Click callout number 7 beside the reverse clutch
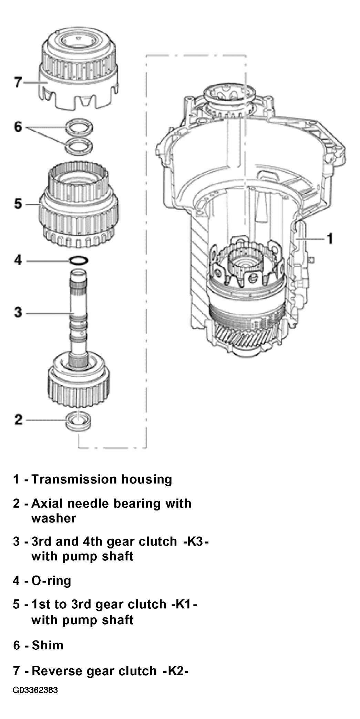coord(18,83)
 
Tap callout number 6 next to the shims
coord(18,127)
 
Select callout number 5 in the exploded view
coord(18,204)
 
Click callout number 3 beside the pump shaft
coord(18,313)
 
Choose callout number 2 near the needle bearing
coord(18,419)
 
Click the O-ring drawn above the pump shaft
coord(79,260)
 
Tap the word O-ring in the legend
coord(51,581)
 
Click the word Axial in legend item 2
coord(47,503)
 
